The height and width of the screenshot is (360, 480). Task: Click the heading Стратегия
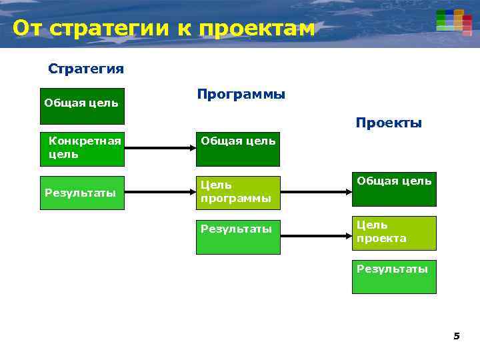[x=86, y=69]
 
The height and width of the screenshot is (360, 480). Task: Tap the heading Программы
[x=241, y=94]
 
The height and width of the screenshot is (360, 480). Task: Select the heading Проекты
[x=389, y=123]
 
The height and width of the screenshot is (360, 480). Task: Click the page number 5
[x=457, y=336]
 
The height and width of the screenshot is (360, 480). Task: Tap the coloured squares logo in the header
[x=454, y=21]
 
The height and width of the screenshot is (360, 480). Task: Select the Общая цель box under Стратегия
[x=82, y=106]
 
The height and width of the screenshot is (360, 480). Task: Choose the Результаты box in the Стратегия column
[x=82, y=193]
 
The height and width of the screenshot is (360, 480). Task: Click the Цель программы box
[x=238, y=193]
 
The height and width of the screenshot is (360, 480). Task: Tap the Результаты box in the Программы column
[x=238, y=237]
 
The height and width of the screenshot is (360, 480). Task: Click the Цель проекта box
[x=394, y=233]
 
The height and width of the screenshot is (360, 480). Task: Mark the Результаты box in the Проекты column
[x=394, y=277]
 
